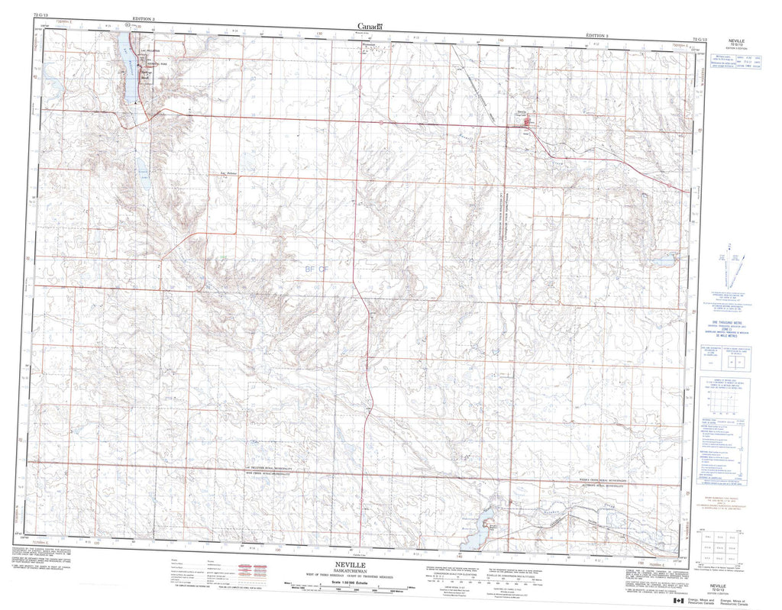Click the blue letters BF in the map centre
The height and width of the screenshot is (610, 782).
[309, 269]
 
